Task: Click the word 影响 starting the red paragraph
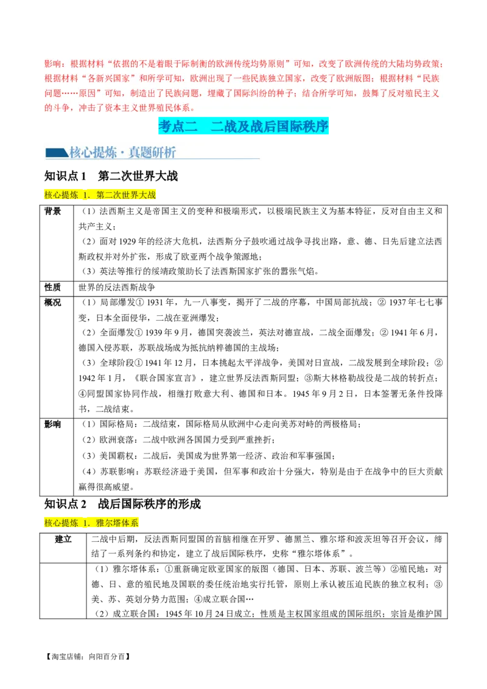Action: click(x=52, y=64)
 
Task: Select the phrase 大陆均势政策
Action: click(x=413, y=64)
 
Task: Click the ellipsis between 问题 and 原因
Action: click(x=68, y=93)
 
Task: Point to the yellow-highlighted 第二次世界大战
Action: click(x=126, y=195)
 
